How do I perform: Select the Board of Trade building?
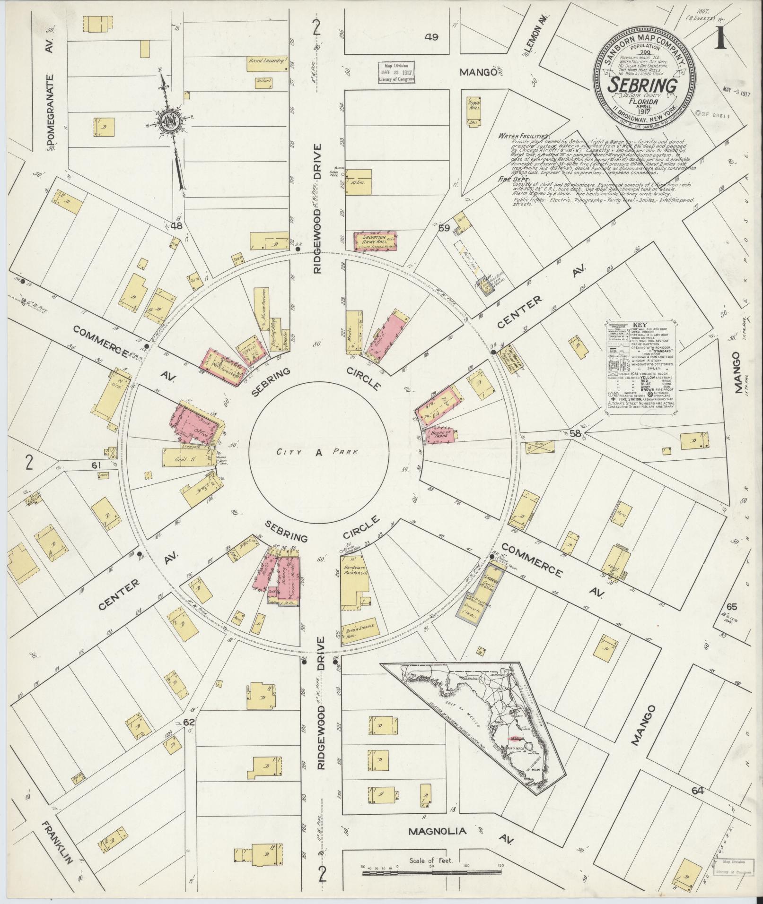442,434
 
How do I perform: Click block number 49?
431,37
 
